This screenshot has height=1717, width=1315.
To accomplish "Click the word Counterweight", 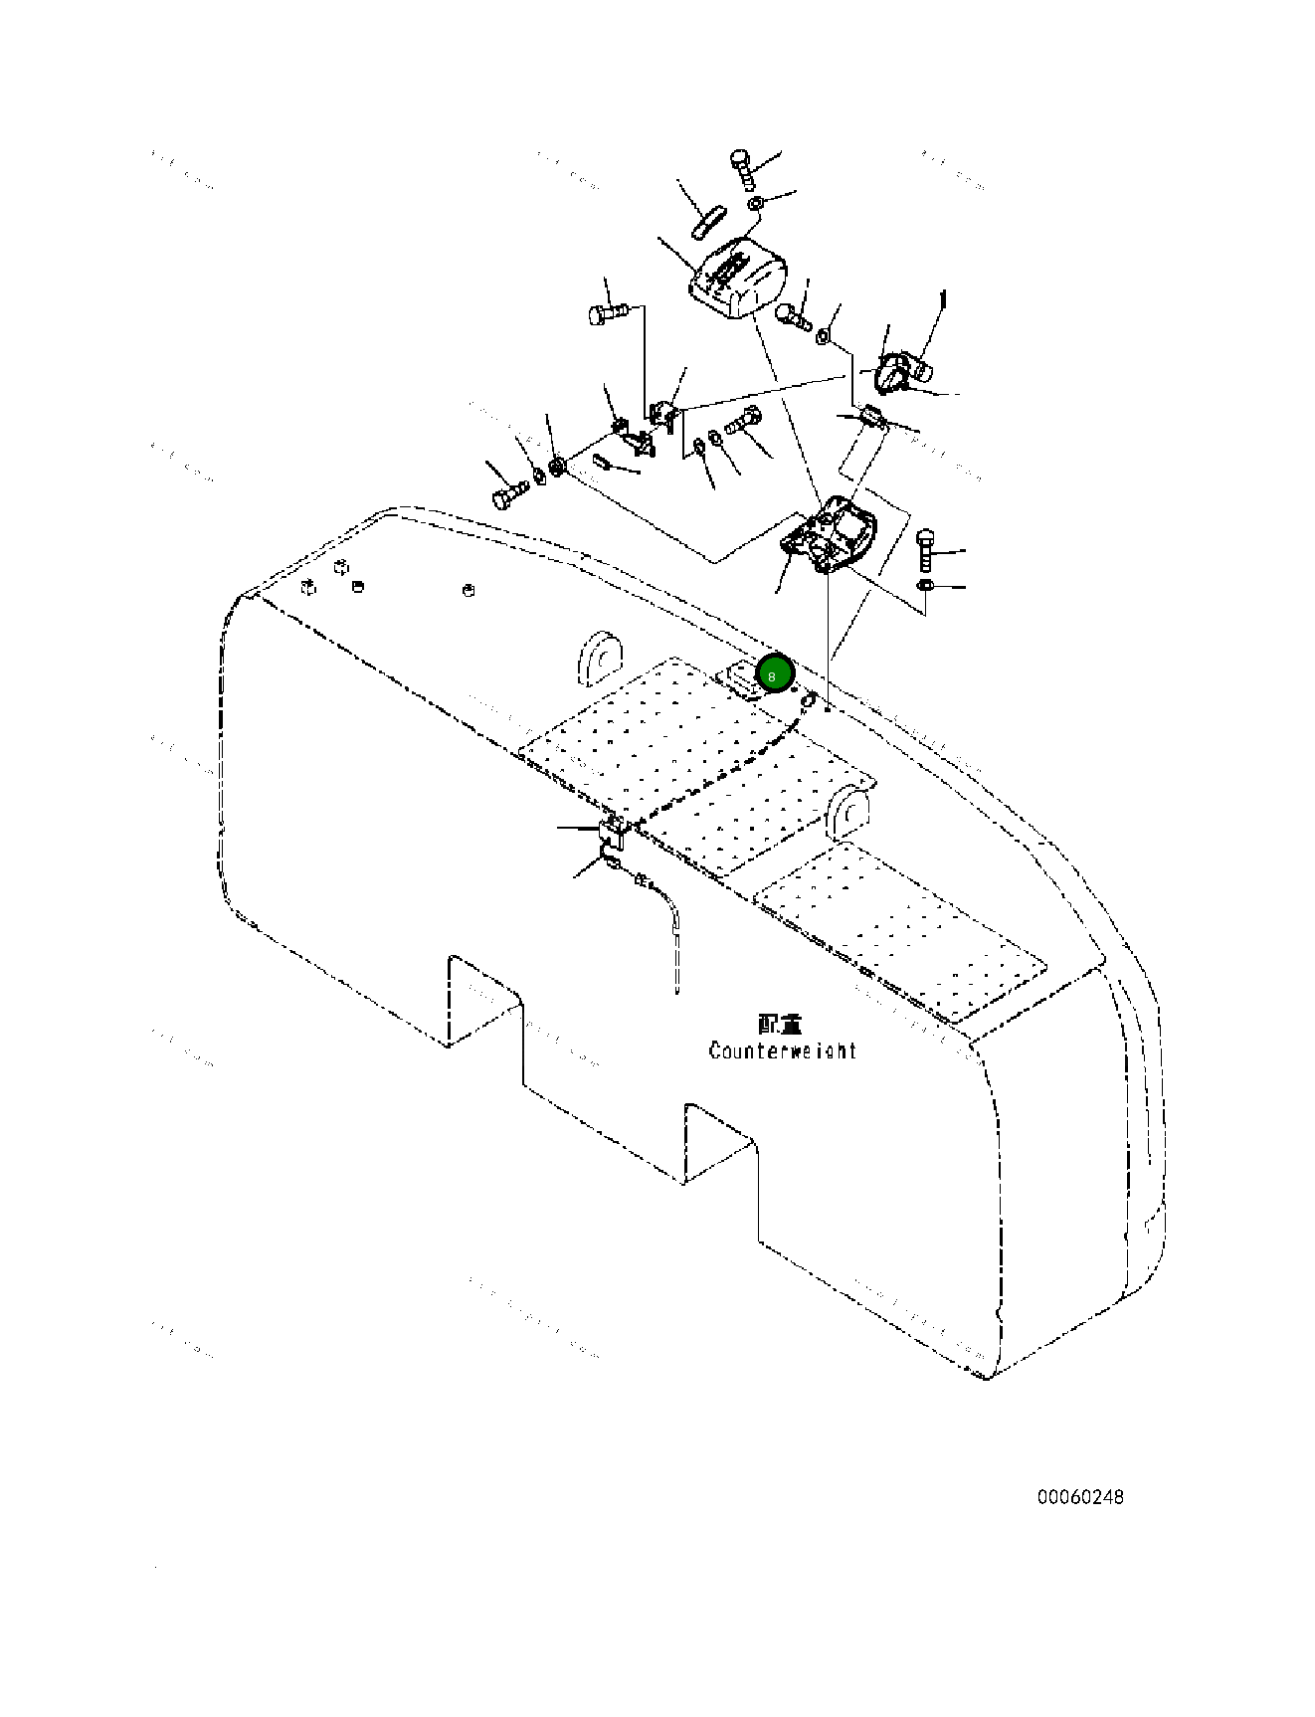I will pyautogui.click(x=782, y=1050).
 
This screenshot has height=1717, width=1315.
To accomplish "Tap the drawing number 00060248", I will pyautogui.click(x=1080, y=1497).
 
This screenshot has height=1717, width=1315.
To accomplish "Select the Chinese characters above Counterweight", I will pyautogui.click(x=780, y=1024).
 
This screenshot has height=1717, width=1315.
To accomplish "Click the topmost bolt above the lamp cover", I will pyautogui.click(x=743, y=169).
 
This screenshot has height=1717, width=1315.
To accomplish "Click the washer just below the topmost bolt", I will pyautogui.click(x=756, y=205).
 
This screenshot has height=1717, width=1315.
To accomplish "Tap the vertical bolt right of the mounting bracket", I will pyautogui.click(x=925, y=551).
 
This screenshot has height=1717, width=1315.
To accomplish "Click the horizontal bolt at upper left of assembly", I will pyautogui.click(x=606, y=313).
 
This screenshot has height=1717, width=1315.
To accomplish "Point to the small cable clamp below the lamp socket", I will pyautogui.click(x=874, y=417).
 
